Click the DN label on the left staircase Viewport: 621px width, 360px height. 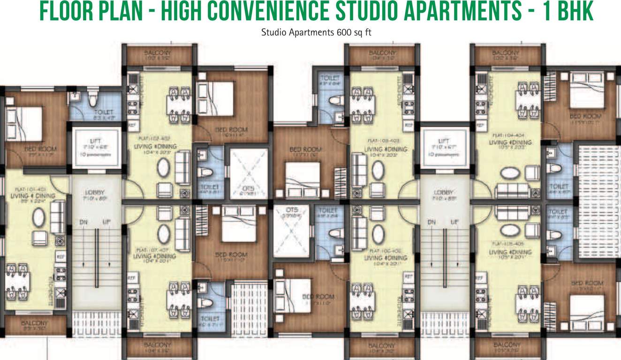tap(83, 222)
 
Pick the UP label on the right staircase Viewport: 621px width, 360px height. tap(454, 222)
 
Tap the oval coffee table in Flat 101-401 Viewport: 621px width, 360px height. tap(38, 218)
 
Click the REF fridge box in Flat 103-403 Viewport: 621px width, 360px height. tap(408, 126)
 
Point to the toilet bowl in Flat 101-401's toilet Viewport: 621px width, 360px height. tap(92, 100)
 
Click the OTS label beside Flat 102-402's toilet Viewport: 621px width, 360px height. tap(249, 189)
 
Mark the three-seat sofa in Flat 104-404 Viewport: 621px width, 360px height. tap(513, 190)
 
